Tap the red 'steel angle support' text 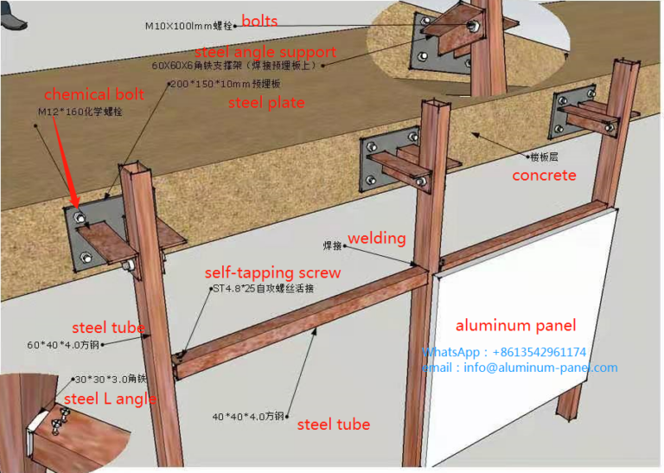(265, 52)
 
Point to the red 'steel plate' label (265, 103)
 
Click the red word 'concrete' (544, 176)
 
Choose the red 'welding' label (376, 238)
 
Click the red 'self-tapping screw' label (272, 272)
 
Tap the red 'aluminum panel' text (515, 325)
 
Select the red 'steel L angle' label (110, 399)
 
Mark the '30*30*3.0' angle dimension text (111, 379)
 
